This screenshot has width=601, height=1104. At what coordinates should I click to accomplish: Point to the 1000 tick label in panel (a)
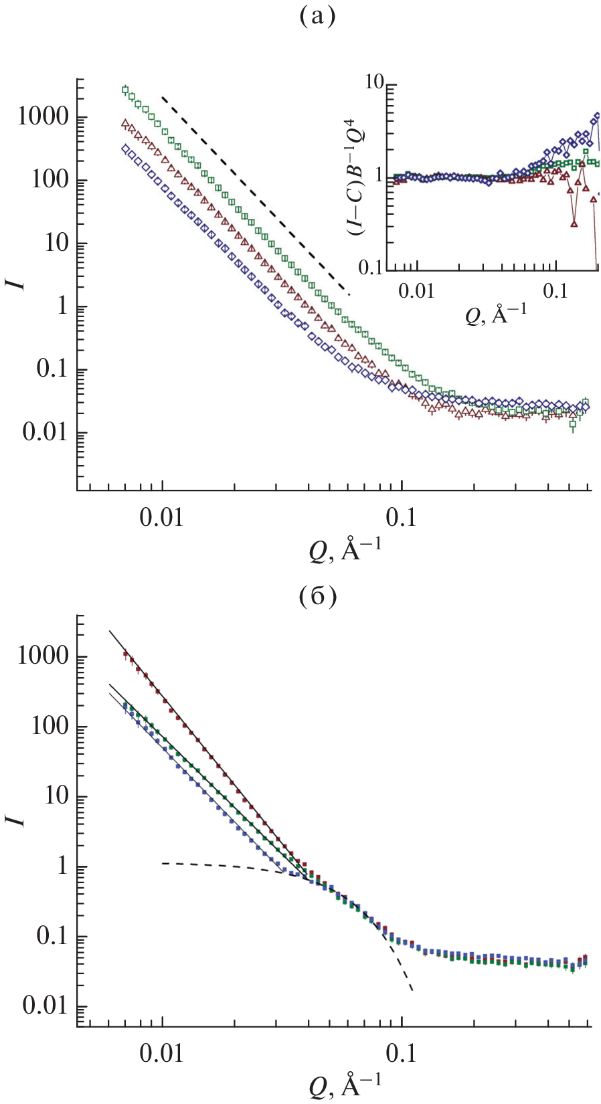(x=44, y=117)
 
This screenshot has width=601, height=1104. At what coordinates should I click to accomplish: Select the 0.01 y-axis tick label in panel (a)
(x=46, y=432)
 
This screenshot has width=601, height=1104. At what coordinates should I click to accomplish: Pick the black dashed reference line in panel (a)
(x=254, y=194)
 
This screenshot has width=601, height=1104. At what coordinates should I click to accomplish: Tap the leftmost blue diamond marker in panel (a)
(x=125, y=149)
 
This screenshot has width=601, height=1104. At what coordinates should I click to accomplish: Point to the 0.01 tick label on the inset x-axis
(x=417, y=291)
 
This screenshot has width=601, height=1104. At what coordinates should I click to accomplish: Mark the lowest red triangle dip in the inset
(x=574, y=224)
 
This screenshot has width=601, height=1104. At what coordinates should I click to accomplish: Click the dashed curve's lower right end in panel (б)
(x=412, y=990)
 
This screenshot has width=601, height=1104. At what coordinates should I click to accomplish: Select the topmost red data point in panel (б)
(x=125, y=654)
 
